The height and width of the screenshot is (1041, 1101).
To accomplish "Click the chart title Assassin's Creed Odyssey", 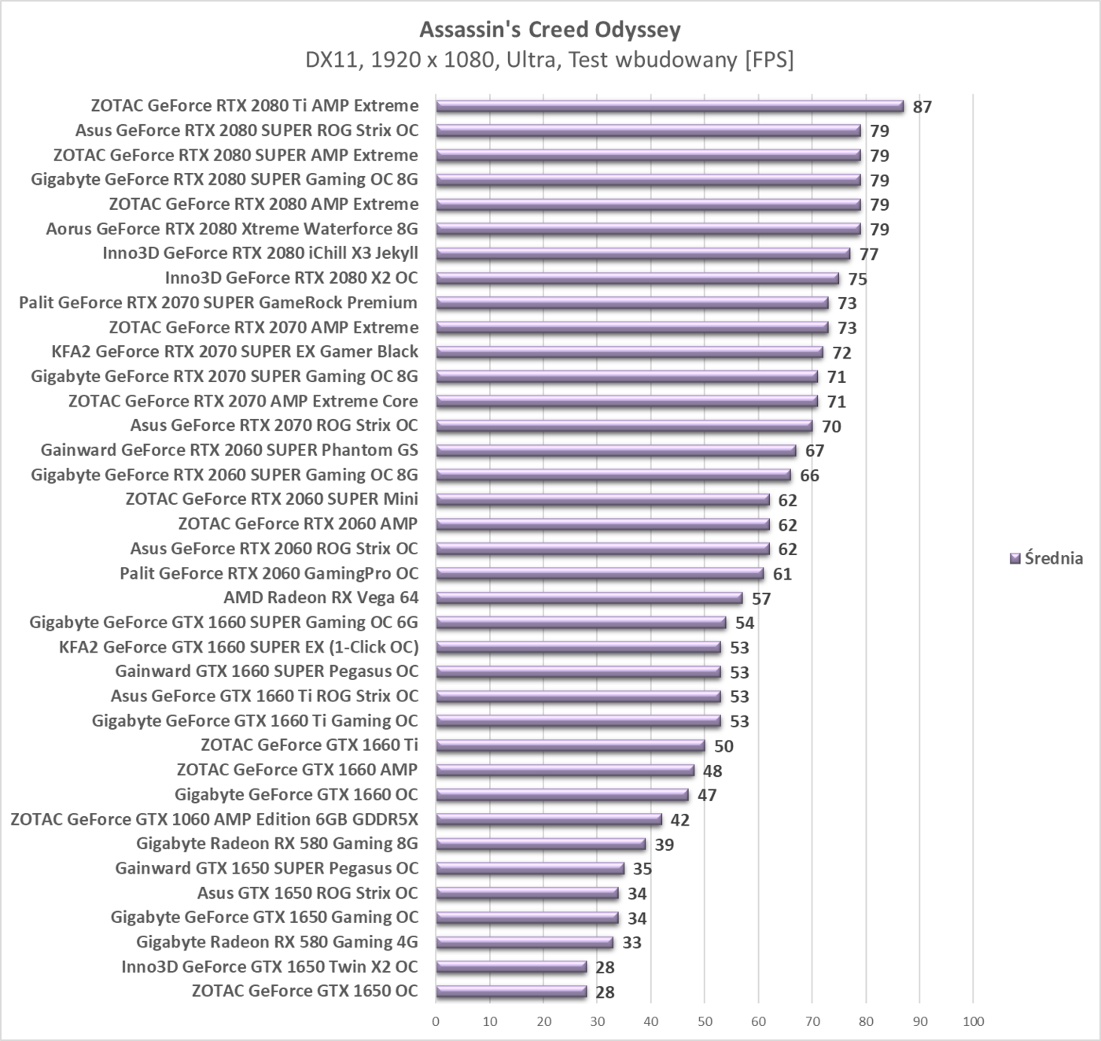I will pos(550,30).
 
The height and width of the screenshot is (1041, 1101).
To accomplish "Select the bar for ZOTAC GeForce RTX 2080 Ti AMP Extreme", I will pos(669,106).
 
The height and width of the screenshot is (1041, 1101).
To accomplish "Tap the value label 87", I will pos(922,107).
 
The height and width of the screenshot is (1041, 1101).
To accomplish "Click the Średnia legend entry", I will pos(1046,558).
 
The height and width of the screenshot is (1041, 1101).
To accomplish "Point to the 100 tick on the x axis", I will pos(973,1021).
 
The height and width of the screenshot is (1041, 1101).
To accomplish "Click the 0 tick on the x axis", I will pos(436,1021).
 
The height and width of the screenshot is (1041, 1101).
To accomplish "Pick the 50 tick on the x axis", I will pos(705,1021).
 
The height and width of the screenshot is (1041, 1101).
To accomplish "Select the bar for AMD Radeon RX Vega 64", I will pos(589,598).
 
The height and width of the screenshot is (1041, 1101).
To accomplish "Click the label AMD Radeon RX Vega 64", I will pos(321,598).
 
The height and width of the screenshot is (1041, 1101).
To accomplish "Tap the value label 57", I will pos(761,599).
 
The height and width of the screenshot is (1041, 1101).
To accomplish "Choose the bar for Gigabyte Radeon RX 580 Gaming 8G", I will pos(540,844).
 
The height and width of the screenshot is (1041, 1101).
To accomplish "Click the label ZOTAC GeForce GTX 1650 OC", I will pos(305,991).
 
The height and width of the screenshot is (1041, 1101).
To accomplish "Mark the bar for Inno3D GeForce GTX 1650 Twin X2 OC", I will pos(511,967).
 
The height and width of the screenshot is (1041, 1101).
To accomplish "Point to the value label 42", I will pos(680,820).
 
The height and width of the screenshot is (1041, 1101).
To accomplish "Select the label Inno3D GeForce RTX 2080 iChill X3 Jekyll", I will pos(260,253).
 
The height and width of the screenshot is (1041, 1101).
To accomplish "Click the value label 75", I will pos(858,279).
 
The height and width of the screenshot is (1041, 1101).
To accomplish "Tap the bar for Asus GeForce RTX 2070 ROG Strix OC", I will pos(624,426).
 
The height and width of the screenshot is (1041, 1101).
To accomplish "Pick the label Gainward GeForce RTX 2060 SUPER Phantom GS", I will pos(230,450).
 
